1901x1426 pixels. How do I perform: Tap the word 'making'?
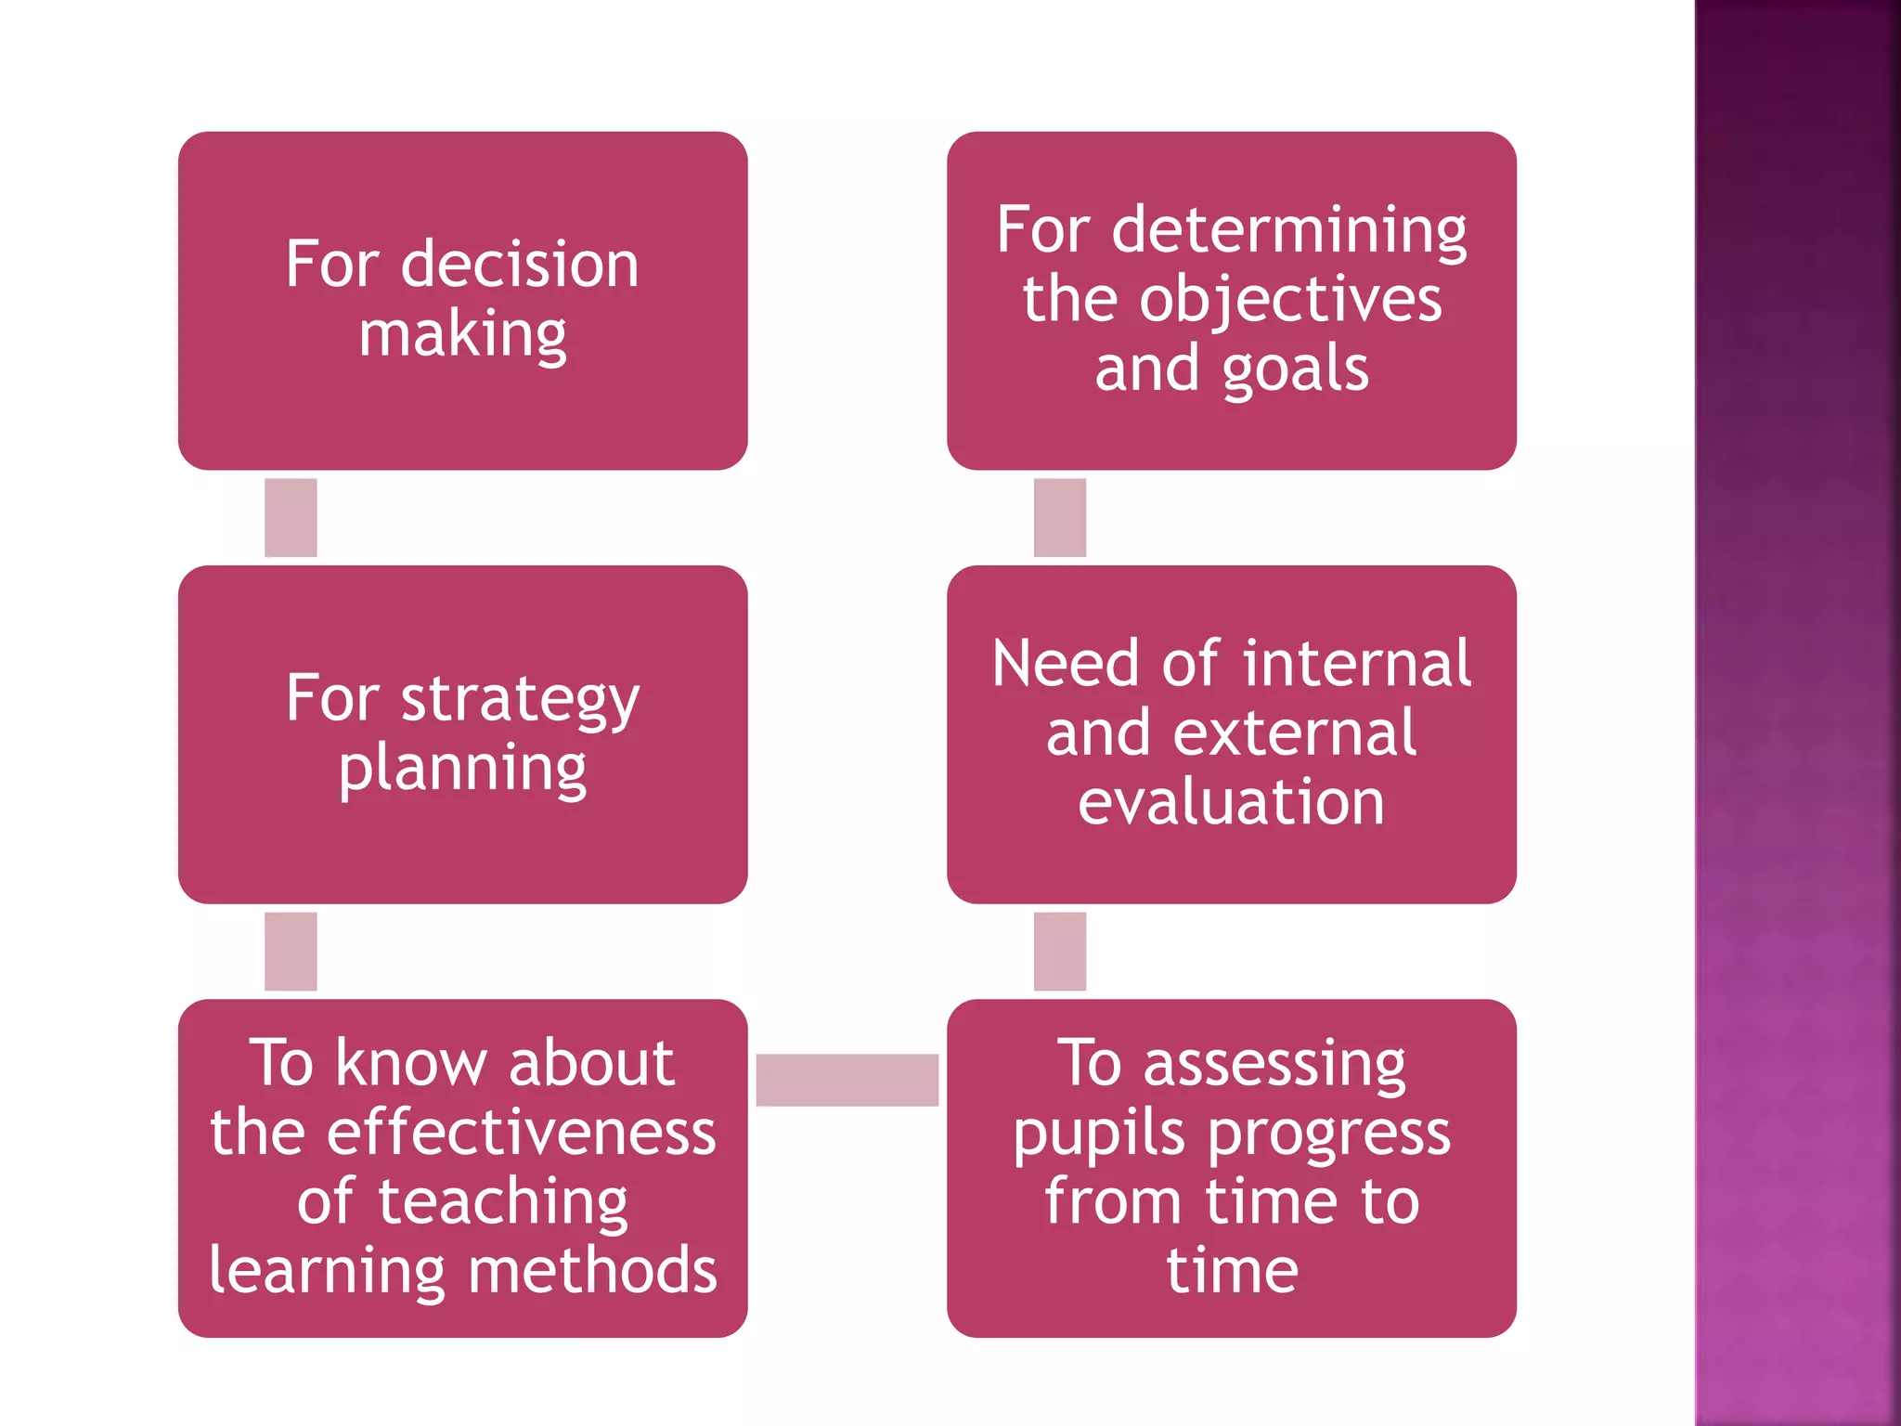pos(462,336)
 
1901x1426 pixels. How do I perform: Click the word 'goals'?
pos(1295,370)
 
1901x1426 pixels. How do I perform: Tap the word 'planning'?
pos(462,771)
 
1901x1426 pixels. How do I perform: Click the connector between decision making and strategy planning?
pos(291,517)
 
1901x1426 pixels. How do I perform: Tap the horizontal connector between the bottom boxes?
pos(847,1080)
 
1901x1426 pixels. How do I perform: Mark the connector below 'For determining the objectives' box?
pos(1059,517)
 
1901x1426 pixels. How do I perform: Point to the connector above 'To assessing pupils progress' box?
pos(1059,951)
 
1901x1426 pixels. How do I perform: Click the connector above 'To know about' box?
pos(291,951)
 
